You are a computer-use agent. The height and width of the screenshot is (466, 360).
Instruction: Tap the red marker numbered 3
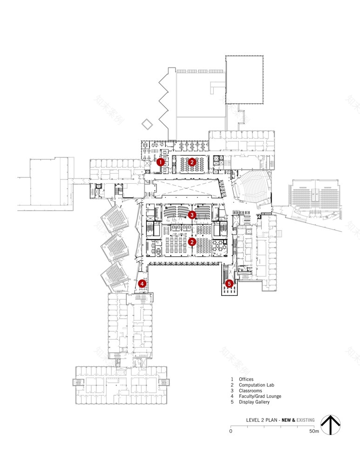(x=192, y=215)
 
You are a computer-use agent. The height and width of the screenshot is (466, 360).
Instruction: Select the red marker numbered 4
(x=143, y=283)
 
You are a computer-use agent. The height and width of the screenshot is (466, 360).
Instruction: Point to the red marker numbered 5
(x=229, y=283)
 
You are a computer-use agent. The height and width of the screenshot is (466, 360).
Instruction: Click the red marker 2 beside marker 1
(x=192, y=162)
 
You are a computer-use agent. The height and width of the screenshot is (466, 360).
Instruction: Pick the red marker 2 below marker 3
(x=192, y=241)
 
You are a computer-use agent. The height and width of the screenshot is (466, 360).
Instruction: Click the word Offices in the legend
(x=246, y=379)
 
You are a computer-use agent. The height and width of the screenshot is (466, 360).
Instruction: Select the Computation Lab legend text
(x=257, y=385)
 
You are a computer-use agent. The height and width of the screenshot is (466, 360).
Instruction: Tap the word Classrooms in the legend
(x=251, y=391)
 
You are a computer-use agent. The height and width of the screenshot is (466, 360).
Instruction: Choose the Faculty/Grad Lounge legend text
(x=260, y=396)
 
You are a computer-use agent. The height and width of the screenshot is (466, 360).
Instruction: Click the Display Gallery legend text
(x=254, y=402)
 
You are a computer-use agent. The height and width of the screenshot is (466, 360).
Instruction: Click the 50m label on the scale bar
(x=314, y=431)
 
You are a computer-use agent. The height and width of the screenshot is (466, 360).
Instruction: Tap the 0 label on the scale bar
(x=231, y=431)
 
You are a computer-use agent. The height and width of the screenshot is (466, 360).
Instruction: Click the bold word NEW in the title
(x=287, y=420)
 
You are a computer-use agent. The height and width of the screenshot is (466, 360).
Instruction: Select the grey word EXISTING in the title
(x=305, y=420)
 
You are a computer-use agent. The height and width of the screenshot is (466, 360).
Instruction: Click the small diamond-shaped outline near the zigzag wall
(x=147, y=123)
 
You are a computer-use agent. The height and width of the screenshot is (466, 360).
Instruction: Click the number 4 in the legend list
(x=231, y=396)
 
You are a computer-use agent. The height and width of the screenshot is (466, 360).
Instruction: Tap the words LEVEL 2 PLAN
(x=262, y=420)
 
